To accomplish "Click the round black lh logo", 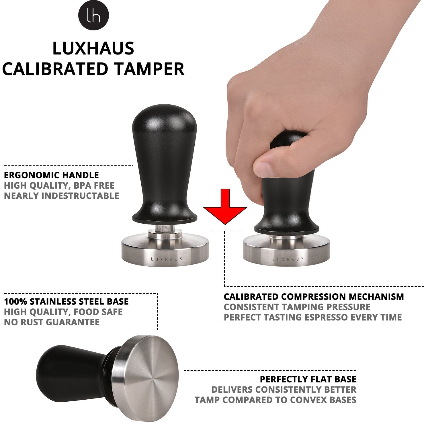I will tap(94, 16).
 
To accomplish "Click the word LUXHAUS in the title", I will tap(93, 48).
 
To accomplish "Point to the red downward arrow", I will tap(225, 206).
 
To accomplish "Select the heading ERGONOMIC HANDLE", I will tap(52, 175).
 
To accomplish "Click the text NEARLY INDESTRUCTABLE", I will tap(62, 196).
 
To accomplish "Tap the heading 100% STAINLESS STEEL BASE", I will tap(66, 302).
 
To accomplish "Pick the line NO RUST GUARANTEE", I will tap(52, 322).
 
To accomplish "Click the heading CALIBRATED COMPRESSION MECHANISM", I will tap(314, 297).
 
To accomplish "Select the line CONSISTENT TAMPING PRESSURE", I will tap(297, 307).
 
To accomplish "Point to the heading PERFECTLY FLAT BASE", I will tap(308, 379).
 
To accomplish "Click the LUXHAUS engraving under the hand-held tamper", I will tap(288, 259).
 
